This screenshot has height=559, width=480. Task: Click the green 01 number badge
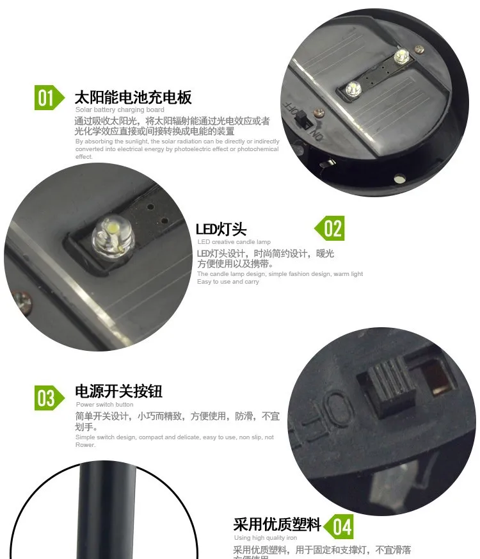[x=47, y=98]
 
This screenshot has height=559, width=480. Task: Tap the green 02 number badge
[x=332, y=229]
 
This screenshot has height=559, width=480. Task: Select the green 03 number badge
[x=47, y=398]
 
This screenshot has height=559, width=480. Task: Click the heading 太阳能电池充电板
[x=133, y=98]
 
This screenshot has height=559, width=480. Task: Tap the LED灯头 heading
[x=221, y=229]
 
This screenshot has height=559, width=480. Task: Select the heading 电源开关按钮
[x=118, y=391]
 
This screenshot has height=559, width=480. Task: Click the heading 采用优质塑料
[x=276, y=525]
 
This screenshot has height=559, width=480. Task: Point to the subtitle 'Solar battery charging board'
[x=119, y=110]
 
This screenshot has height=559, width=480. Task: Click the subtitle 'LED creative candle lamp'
[x=234, y=242]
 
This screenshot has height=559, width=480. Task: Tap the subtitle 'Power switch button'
[x=104, y=405]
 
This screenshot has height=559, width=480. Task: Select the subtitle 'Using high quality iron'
[x=265, y=538]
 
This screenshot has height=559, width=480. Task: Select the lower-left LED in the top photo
[x=351, y=89]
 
